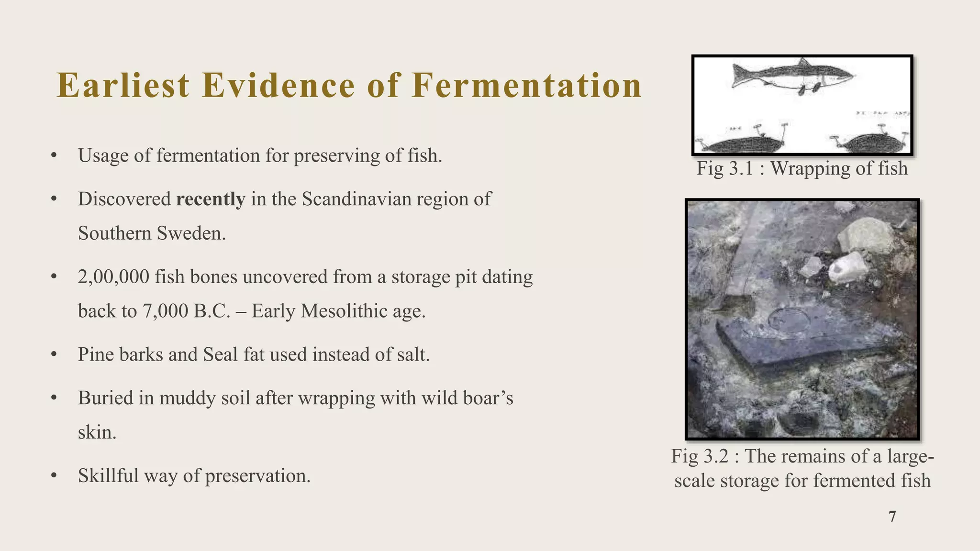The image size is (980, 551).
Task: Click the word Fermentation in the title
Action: [526, 86]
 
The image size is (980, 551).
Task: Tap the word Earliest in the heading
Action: [123, 86]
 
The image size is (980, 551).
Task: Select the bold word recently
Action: [211, 199]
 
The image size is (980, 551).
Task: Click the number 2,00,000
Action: [113, 277]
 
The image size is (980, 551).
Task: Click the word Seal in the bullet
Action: [220, 355]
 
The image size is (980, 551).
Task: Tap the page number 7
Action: [892, 517]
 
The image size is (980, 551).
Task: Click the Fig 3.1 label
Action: [725, 168]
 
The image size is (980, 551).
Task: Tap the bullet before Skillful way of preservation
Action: [54, 476]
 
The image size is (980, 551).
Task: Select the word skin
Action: [97, 433]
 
